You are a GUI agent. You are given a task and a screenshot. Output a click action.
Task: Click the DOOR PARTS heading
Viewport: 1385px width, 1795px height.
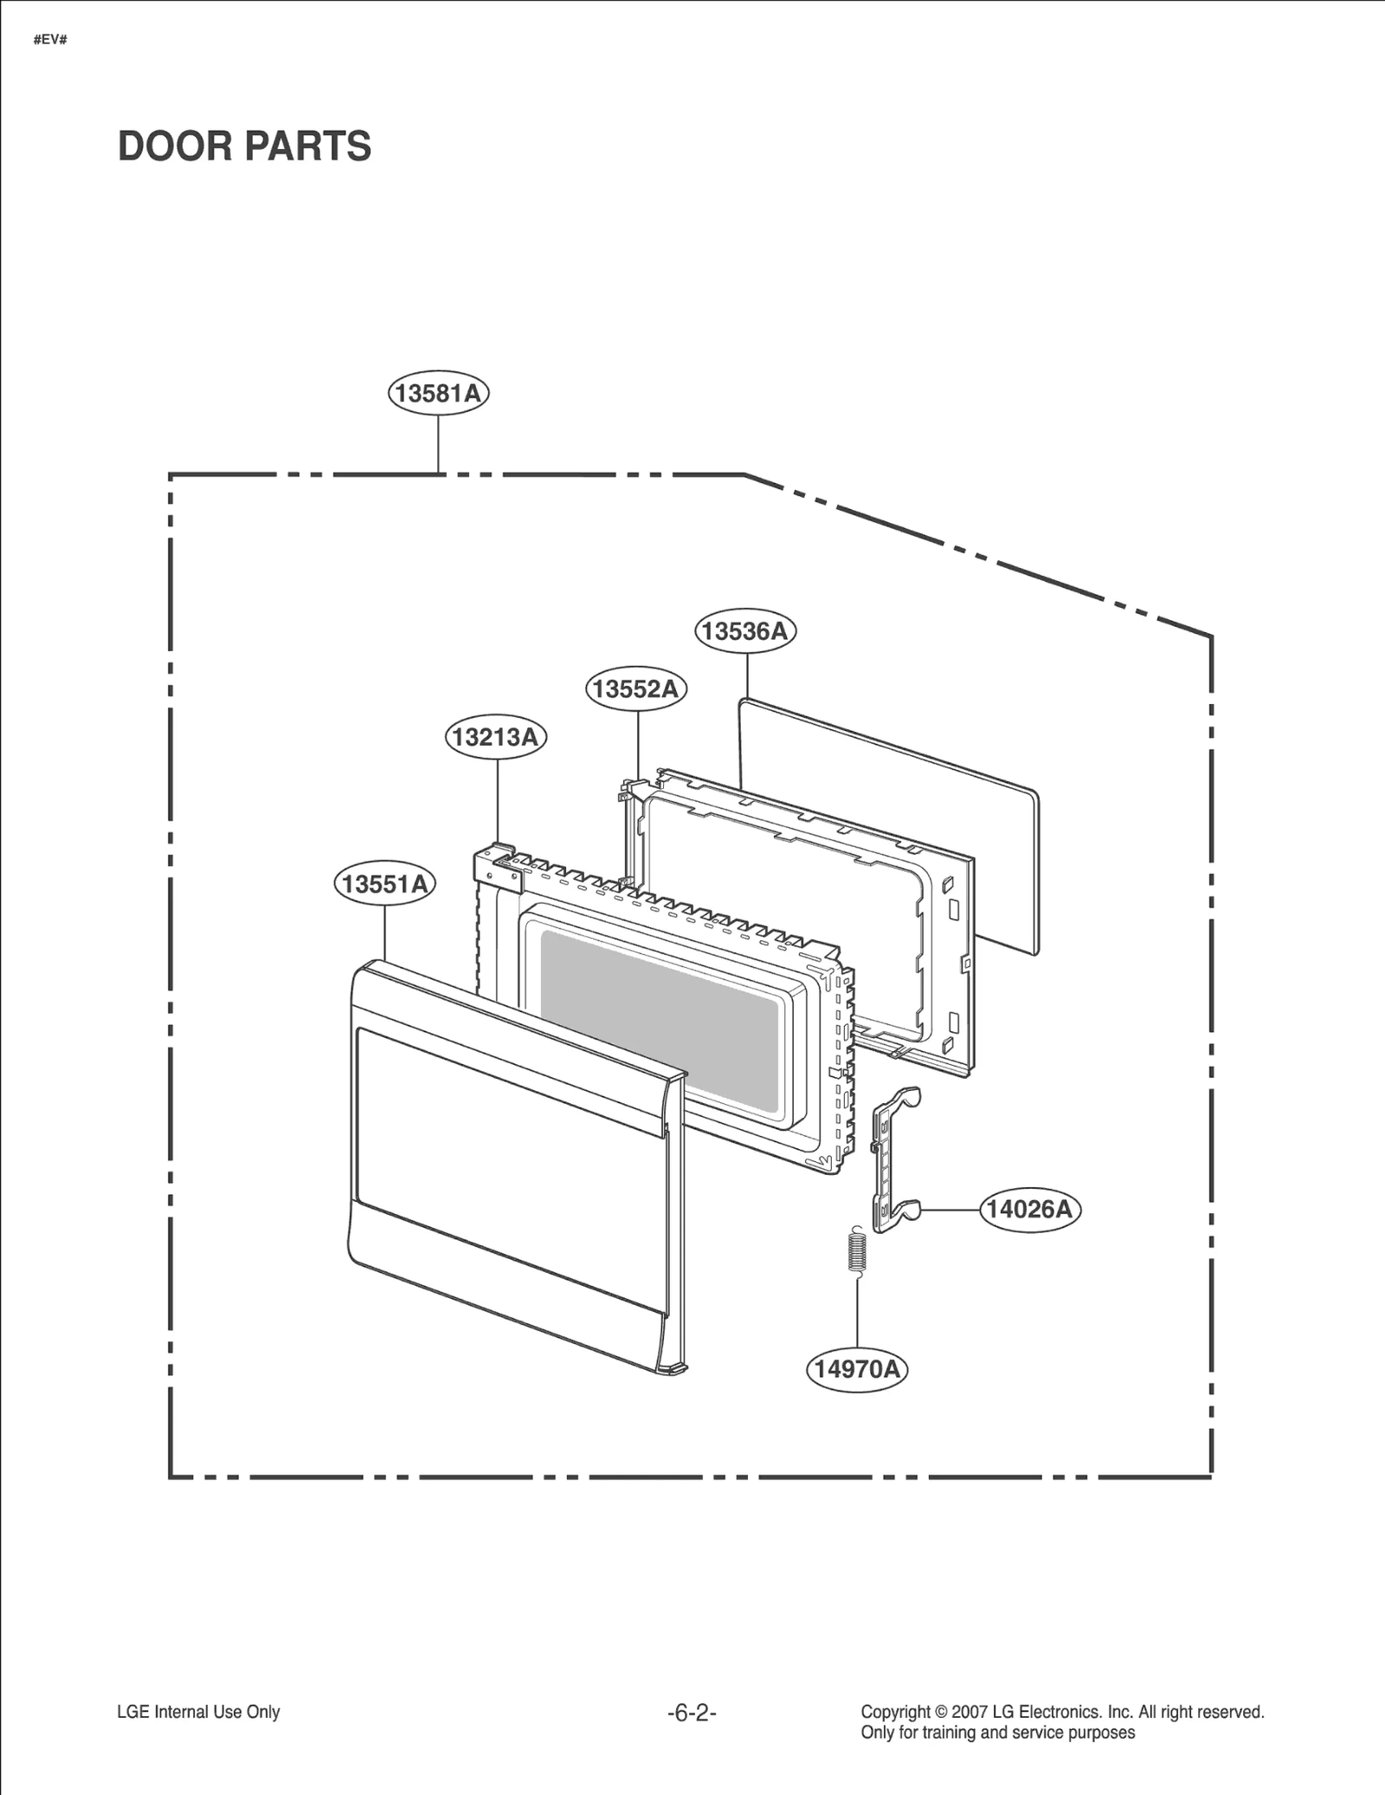tap(244, 145)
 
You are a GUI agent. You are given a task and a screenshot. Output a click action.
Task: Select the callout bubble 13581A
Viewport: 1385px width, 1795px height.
tap(438, 394)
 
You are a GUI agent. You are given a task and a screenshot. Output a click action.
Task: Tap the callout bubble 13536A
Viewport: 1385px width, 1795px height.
tap(745, 631)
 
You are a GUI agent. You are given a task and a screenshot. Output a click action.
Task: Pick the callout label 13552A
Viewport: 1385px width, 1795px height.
tap(637, 689)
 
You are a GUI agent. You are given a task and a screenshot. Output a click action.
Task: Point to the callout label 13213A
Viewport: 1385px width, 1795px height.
tap(496, 737)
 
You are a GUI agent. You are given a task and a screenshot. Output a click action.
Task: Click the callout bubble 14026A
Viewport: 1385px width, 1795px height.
tap(1030, 1210)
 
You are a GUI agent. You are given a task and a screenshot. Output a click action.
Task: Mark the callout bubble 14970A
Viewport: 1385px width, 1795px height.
tap(857, 1369)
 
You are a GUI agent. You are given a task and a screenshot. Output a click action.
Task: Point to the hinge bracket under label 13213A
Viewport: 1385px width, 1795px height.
tap(497, 871)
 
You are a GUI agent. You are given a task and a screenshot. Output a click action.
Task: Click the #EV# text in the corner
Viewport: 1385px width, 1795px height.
tap(50, 41)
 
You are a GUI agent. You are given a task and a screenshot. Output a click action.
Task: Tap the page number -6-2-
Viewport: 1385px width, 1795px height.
tap(692, 1713)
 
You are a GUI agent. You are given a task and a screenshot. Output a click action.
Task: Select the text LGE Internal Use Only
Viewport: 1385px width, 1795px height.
tap(198, 1712)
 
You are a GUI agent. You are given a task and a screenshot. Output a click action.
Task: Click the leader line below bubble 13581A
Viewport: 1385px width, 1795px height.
tap(438, 443)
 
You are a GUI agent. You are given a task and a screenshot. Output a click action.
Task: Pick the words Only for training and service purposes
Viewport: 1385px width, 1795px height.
tap(997, 1733)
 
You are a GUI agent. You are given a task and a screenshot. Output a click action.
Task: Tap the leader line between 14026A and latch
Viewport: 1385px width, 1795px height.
tap(949, 1210)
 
